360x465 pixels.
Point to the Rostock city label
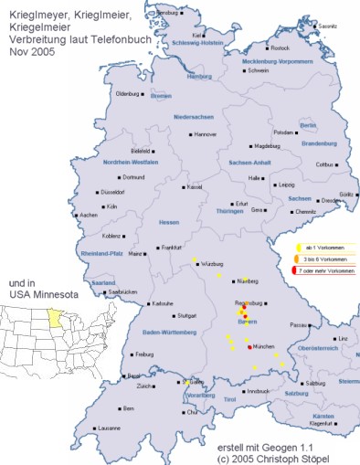(x=281, y=48)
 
